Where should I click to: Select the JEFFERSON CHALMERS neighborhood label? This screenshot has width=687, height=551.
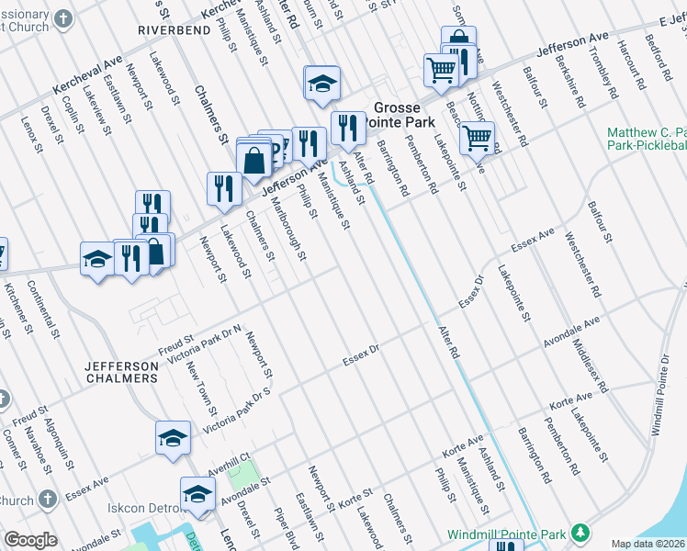(x=121, y=372)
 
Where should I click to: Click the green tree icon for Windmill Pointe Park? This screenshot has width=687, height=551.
(x=580, y=533)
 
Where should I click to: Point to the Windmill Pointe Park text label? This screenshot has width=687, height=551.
(x=507, y=534)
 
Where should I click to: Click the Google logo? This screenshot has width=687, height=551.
(x=30, y=540)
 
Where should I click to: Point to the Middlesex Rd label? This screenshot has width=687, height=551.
(x=590, y=365)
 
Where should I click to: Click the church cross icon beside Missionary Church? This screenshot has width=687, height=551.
(x=62, y=19)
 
